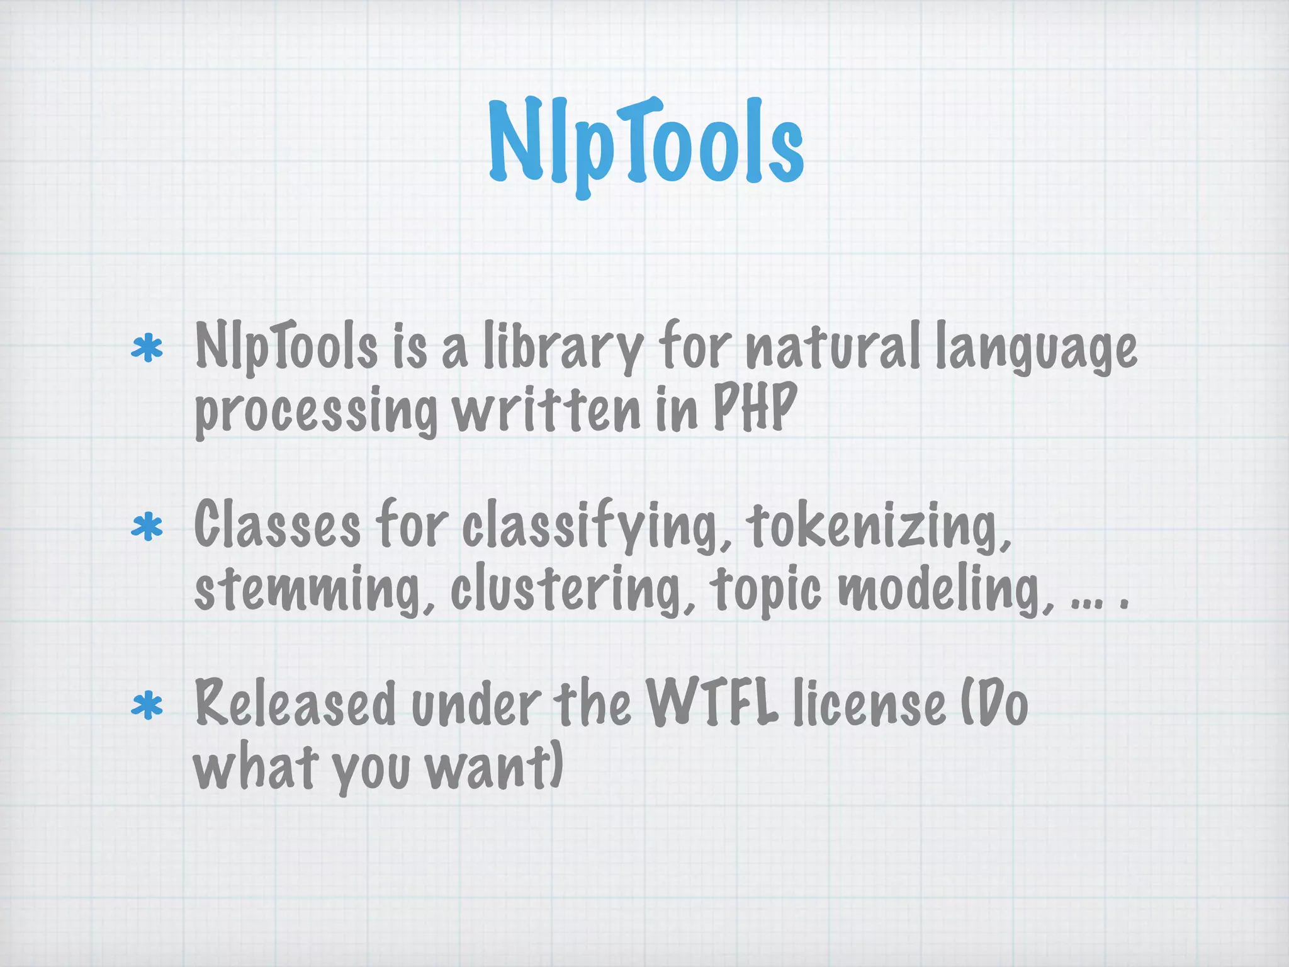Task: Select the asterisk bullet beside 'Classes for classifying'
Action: point(147,527)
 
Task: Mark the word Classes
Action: point(278,525)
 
